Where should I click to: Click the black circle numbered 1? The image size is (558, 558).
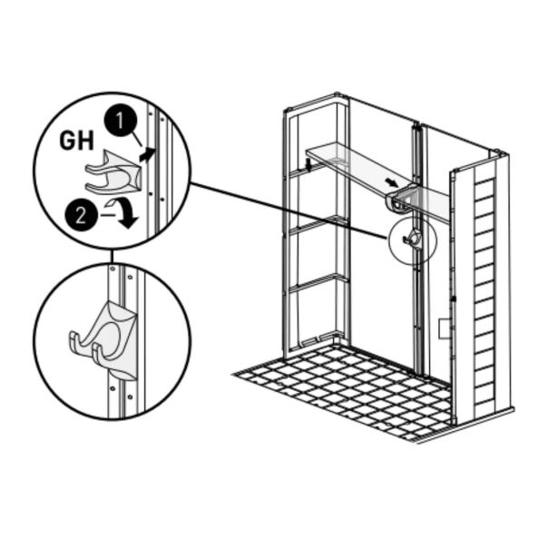click(x=121, y=121)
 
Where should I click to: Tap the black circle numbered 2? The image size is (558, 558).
click(x=81, y=215)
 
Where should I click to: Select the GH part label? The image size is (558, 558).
click(x=77, y=141)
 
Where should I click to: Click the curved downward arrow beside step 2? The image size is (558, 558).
click(x=124, y=212)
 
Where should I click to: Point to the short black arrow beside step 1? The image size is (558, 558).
click(x=147, y=154)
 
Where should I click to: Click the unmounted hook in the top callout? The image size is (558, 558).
click(x=113, y=172)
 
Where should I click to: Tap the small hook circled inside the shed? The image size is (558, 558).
click(x=413, y=239)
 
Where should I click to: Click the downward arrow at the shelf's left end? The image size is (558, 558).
click(x=309, y=164)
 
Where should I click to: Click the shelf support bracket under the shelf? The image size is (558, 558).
click(x=401, y=200)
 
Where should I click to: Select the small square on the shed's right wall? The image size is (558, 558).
click(x=445, y=328)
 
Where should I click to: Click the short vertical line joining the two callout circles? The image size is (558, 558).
click(x=112, y=256)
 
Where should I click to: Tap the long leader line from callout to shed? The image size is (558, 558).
click(x=289, y=210)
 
